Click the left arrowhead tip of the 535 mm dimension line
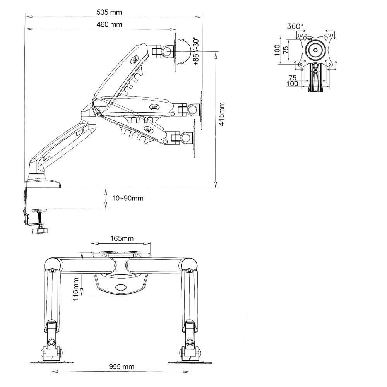25,17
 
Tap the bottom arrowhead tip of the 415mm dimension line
216,188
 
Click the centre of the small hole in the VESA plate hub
316,50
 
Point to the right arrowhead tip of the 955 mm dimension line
190,372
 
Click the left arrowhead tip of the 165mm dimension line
92,244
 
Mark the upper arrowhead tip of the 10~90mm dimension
106,188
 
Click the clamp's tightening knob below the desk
39,231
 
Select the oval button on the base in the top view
121,287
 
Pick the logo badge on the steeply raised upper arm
135,60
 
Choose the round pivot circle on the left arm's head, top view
51,342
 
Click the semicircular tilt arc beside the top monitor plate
183,51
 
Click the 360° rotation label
295,26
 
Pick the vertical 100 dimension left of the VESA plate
277,50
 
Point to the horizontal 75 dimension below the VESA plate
292,78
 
